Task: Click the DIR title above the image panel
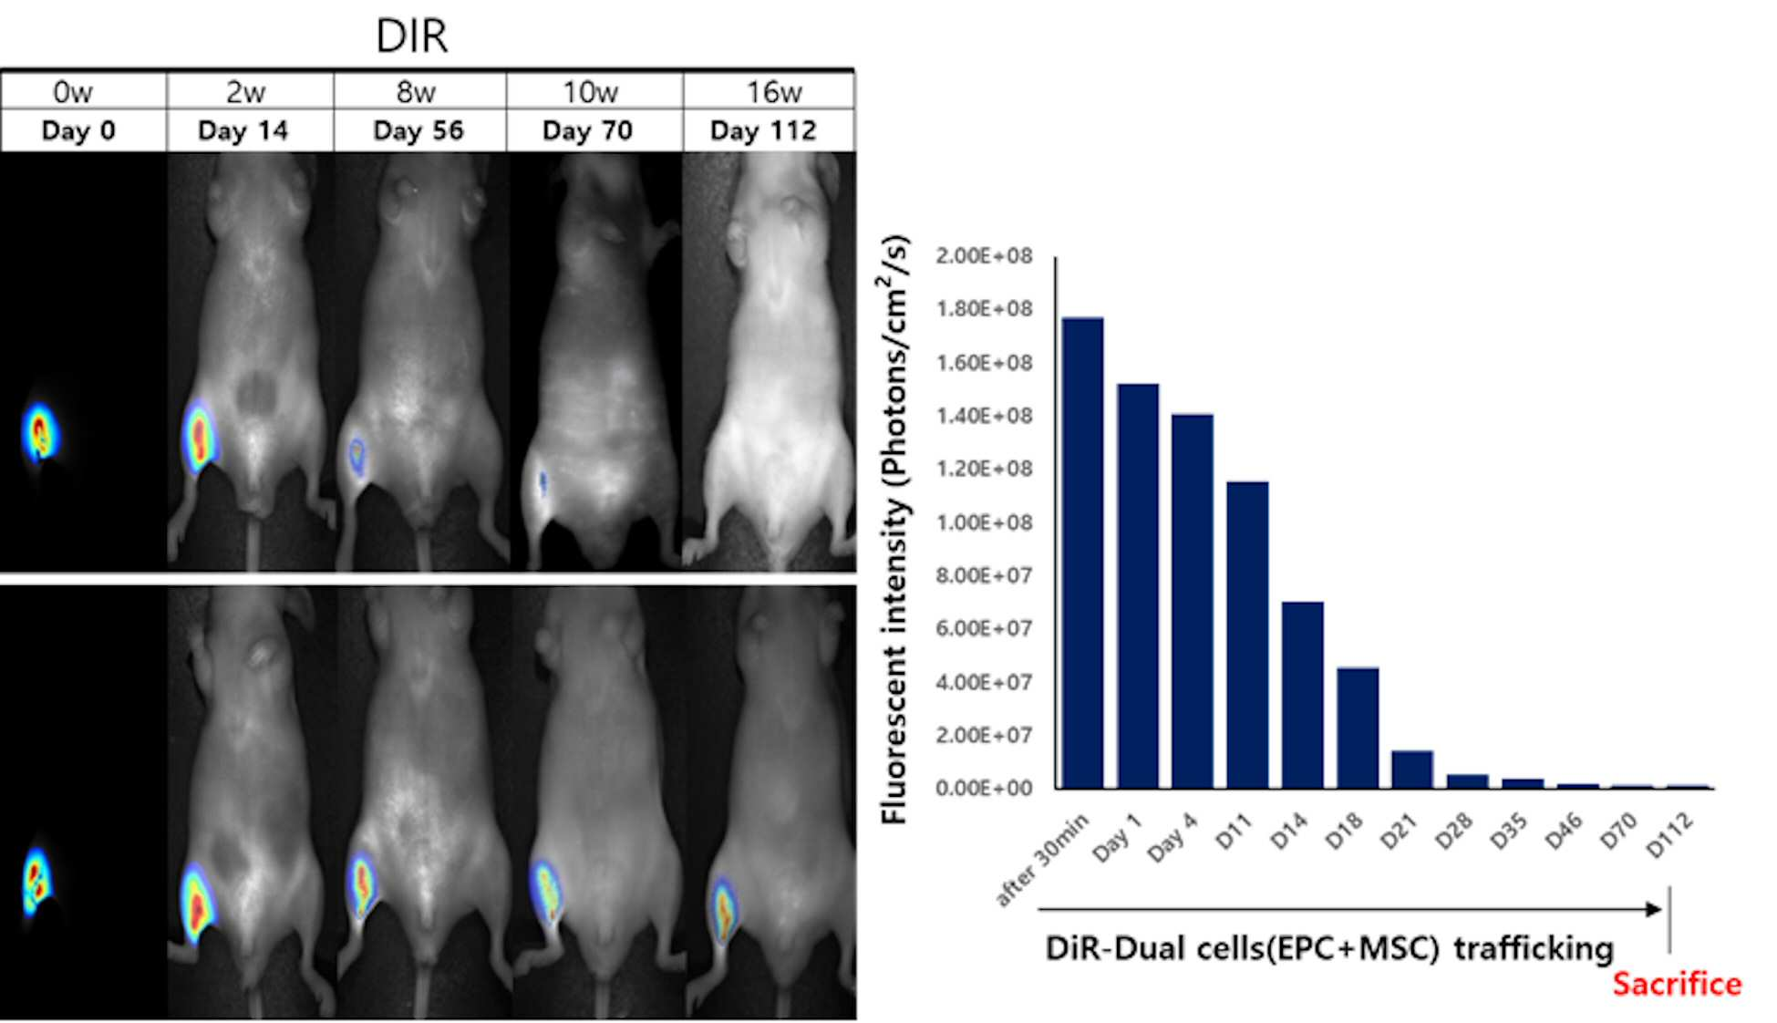click(x=412, y=36)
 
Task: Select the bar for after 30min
click(x=1083, y=553)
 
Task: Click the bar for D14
click(x=1303, y=695)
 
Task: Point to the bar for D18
click(x=1358, y=728)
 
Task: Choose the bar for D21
click(x=1412, y=770)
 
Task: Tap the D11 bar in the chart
click(x=1247, y=635)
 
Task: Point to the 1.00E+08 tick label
click(x=984, y=522)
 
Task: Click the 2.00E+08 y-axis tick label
click(x=984, y=256)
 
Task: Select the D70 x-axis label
click(x=1618, y=832)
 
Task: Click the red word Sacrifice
click(x=1677, y=984)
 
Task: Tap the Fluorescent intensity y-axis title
click(x=895, y=530)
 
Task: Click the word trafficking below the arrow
click(x=1534, y=949)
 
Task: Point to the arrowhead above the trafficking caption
click(x=1653, y=909)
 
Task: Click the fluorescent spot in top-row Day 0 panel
click(x=38, y=433)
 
